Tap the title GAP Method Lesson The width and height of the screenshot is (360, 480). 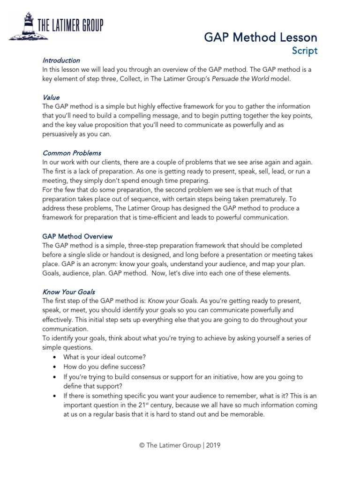[261, 37]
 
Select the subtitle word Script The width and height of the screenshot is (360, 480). [305, 51]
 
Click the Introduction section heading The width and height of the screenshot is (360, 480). [61, 60]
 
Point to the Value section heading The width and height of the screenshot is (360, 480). [51, 97]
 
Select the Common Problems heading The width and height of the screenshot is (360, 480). [72, 153]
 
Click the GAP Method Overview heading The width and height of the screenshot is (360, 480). [77, 236]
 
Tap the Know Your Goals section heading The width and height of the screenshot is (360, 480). [68, 292]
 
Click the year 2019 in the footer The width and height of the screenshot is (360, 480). [212, 445]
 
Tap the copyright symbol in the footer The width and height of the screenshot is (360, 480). [142, 445]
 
